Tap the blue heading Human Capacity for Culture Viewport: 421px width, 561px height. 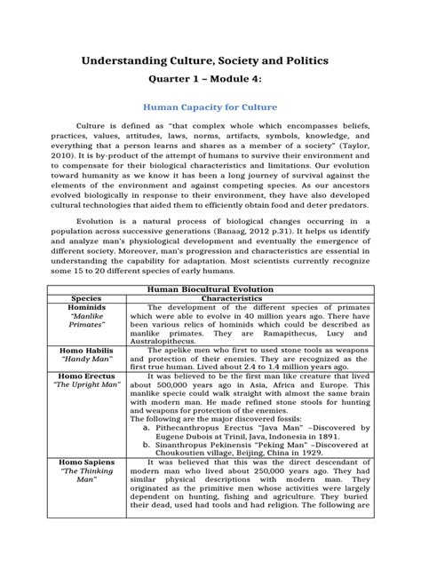point(210,107)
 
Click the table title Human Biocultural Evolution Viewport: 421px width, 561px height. point(210,288)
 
